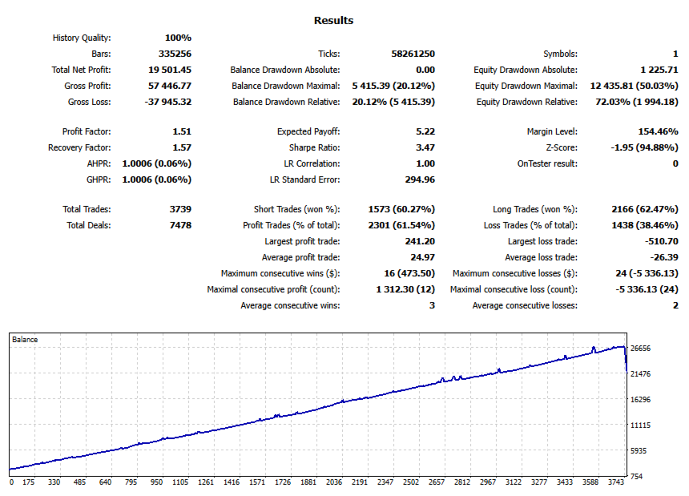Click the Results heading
pyautogui.click(x=333, y=21)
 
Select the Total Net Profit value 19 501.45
pyautogui.click(x=166, y=70)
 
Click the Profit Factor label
pyautogui.click(x=87, y=131)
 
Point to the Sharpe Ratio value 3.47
pyautogui.click(x=425, y=147)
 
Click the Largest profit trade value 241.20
pyautogui.click(x=419, y=241)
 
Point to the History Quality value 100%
pyautogui.click(x=178, y=38)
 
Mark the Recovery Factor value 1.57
pyautogui.click(x=182, y=147)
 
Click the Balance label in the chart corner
pyautogui.click(x=25, y=340)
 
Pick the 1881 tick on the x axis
pyautogui.click(x=308, y=483)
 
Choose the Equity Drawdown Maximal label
pyautogui.click(x=526, y=86)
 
